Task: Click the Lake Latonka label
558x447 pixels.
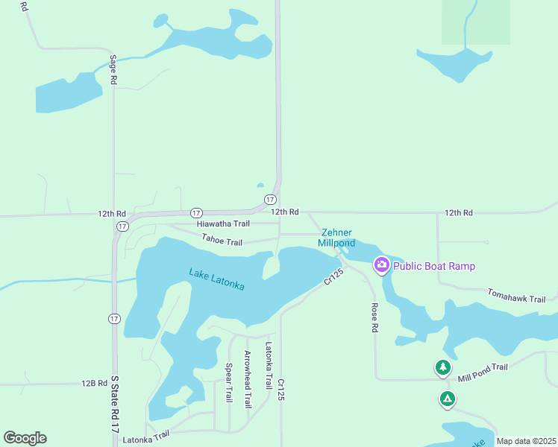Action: point(216,279)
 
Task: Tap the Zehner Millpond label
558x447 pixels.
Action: point(336,238)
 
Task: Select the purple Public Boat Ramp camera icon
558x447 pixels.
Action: point(382,265)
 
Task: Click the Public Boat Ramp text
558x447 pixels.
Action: point(434,266)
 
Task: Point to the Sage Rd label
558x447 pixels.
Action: point(113,69)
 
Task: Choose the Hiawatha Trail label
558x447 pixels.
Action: point(223,223)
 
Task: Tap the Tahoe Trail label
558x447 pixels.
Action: point(222,241)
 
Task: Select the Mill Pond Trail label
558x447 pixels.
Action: point(483,372)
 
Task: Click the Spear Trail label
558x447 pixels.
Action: point(229,384)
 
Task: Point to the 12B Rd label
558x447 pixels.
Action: point(95,383)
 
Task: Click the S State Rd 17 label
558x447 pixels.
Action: point(114,405)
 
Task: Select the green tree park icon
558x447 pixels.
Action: point(443,367)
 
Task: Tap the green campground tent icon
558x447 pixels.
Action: point(447,399)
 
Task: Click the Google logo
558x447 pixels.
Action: point(25,438)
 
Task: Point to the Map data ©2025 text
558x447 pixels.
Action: point(525,441)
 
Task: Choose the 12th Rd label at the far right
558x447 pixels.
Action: point(458,213)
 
